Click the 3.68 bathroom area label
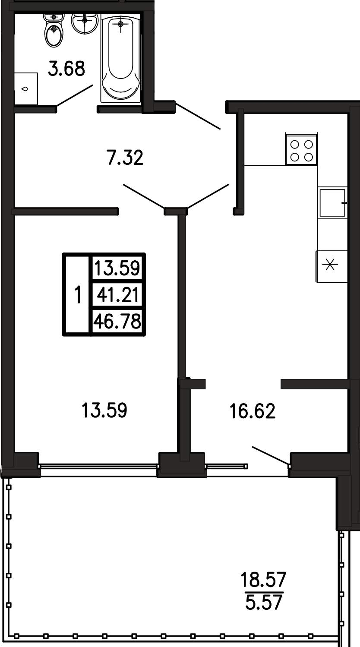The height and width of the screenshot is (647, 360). (x=66, y=69)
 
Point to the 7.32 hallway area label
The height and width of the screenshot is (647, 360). (x=125, y=158)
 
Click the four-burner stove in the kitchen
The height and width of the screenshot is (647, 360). (x=301, y=149)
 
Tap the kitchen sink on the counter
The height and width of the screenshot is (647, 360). (x=332, y=203)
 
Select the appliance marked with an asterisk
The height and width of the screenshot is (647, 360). (x=332, y=266)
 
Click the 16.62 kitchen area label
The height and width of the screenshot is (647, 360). (x=253, y=411)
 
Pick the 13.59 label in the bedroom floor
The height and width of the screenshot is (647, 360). (x=104, y=410)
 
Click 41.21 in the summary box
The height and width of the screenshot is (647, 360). (x=117, y=295)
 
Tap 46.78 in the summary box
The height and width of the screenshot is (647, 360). (x=117, y=321)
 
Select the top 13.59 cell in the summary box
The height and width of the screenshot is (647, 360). (x=117, y=268)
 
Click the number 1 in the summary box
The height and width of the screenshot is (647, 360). (x=77, y=295)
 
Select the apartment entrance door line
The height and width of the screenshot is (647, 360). (x=198, y=116)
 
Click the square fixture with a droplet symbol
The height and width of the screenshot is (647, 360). (x=26, y=88)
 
